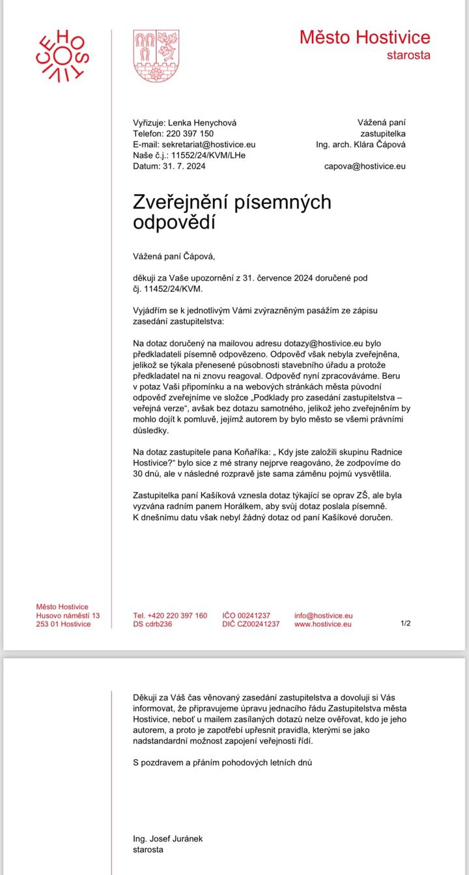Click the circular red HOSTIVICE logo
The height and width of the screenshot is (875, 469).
pyautogui.click(x=62, y=55)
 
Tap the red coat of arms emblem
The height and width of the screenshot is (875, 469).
pyautogui.click(x=156, y=55)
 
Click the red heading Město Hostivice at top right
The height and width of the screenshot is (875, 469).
pyautogui.click(x=365, y=37)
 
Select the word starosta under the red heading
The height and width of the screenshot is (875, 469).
pyautogui.click(x=408, y=55)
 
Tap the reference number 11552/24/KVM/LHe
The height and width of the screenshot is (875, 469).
pyautogui.click(x=204, y=155)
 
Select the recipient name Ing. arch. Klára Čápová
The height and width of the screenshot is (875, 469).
pyautogui.click(x=361, y=144)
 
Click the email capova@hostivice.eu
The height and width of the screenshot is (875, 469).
pyautogui.click(x=365, y=166)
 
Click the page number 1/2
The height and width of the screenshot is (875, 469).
pyautogui.click(x=405, y=624)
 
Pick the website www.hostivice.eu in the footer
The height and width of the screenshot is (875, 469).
pyautogui.click(x=323, y=624)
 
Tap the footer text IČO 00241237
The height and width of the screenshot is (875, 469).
pyautogui.click(x=246, y=615)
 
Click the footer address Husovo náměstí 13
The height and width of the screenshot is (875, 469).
pyautogui.click(x=68, y=615)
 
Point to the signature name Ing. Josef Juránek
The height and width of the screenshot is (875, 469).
pyautogui.click(x=167, y=839)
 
